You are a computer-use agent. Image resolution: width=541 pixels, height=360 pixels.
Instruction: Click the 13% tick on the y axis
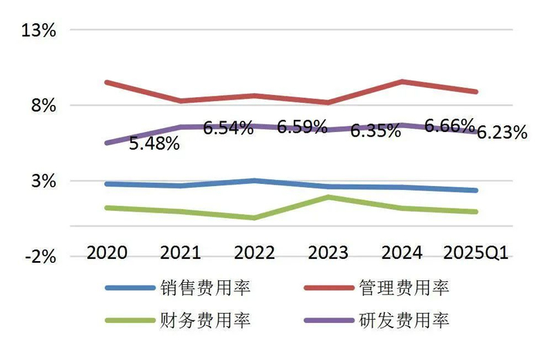point(39,31)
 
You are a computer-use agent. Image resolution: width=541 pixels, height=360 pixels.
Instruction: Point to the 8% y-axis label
point(43,106)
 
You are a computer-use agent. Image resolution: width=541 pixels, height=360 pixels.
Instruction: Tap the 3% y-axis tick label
point(43,182)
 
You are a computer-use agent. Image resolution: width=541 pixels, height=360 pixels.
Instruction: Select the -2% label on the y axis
point(40,257)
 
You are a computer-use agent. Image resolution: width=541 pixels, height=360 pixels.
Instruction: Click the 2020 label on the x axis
point(107,253)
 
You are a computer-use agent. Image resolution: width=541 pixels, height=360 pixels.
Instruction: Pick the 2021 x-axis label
point(181,253)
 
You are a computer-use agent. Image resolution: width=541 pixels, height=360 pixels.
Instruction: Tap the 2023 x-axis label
point(328,253)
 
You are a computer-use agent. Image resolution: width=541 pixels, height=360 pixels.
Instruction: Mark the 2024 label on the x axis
point(402,253)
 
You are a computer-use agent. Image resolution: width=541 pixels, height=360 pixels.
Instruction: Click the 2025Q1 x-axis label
point(475,253)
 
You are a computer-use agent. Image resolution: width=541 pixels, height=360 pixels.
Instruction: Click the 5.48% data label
point(155,144)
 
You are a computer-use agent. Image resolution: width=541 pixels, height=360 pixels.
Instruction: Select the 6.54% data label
point(228,128)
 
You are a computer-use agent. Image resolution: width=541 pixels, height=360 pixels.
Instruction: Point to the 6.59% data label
point(302,127)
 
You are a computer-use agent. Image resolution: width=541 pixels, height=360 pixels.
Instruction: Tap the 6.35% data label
point(376,131)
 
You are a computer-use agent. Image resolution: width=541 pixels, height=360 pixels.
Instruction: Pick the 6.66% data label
point(450,126)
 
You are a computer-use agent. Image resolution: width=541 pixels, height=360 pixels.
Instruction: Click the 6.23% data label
point(502,132)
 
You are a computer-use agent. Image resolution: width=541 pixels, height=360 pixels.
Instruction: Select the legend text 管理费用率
point(404,289)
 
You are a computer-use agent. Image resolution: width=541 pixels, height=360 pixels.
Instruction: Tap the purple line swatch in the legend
point(327,319)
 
